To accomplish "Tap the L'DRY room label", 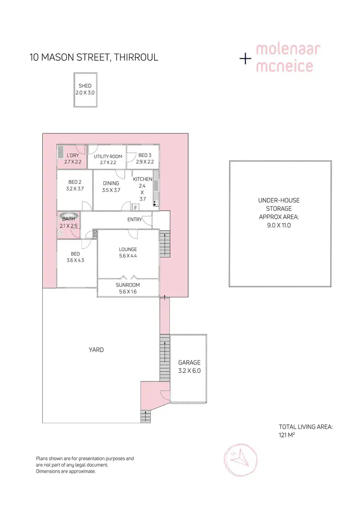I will pos(73,156).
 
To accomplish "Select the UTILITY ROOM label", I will pos(108,156).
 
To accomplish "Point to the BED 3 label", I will pos(145,155).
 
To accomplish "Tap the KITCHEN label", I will pos(143,179).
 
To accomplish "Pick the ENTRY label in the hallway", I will pos(134,220).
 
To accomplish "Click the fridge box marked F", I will pos(135,207).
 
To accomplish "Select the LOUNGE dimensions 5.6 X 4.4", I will pos(128,256).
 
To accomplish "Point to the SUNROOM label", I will pos(128,284).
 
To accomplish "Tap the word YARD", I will pos(96,350).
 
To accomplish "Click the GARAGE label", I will pos(189,363).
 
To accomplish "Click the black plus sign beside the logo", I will pos(245,59).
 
